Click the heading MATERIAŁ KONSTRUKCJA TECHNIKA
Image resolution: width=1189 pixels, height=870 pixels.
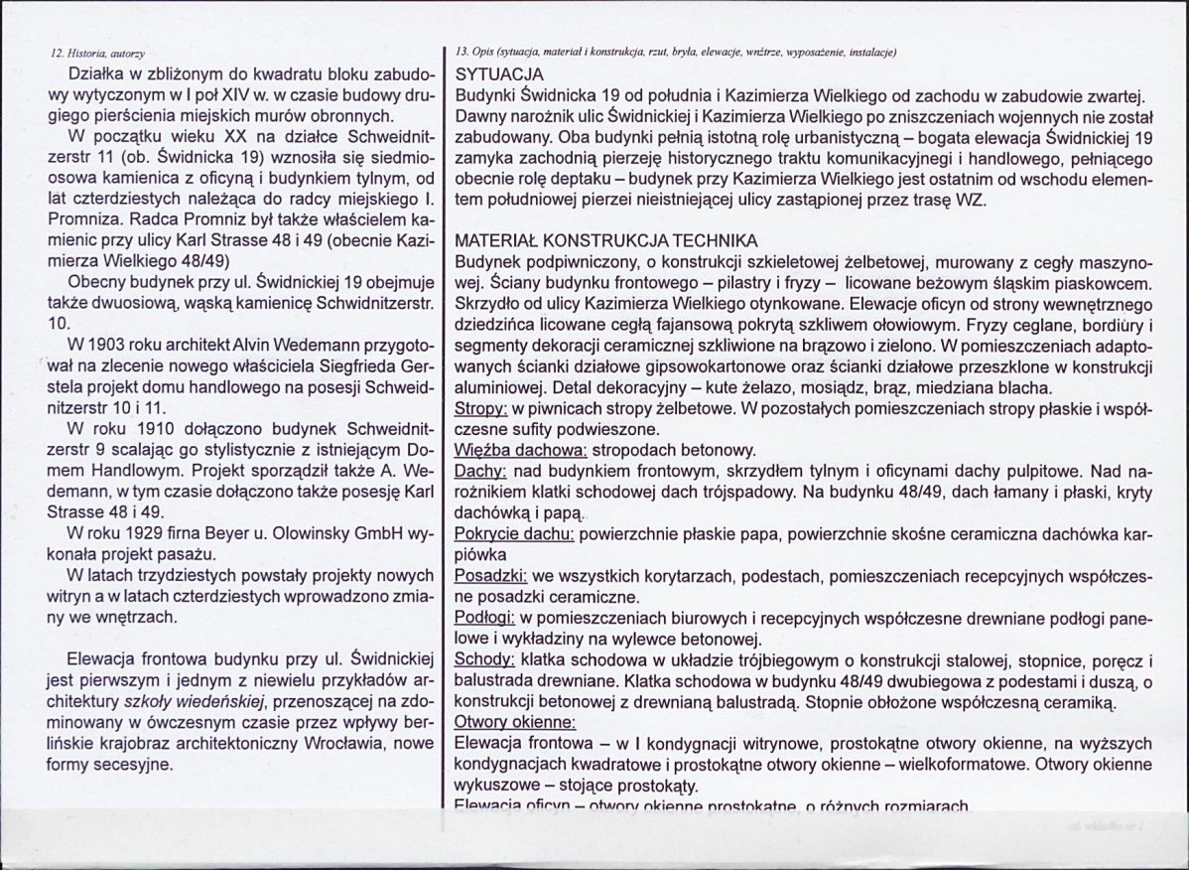coord(606,242)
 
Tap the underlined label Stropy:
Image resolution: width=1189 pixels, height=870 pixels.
coord(481,409)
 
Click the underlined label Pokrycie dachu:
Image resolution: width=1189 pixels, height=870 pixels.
coord(514,534)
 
